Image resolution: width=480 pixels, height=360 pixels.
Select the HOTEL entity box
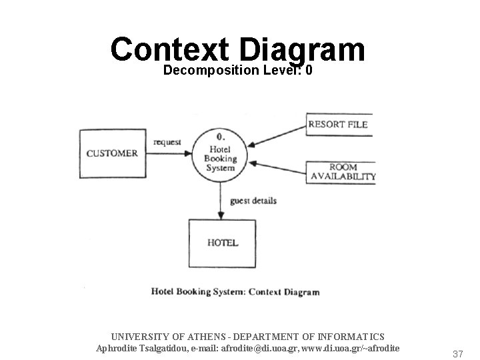(x=222, y=243)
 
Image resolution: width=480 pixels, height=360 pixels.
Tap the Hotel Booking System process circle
(x=220, y=154)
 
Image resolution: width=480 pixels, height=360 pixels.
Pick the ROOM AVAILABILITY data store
(x=343, y=172)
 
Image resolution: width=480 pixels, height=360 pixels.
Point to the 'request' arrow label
(x=167, y=142)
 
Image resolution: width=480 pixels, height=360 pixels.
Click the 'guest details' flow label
(x=253, y=200)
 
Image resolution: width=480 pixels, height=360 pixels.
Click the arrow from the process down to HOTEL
(x=221, y=200)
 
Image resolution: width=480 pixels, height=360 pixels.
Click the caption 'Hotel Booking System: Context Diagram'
(x=235, y=292)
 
